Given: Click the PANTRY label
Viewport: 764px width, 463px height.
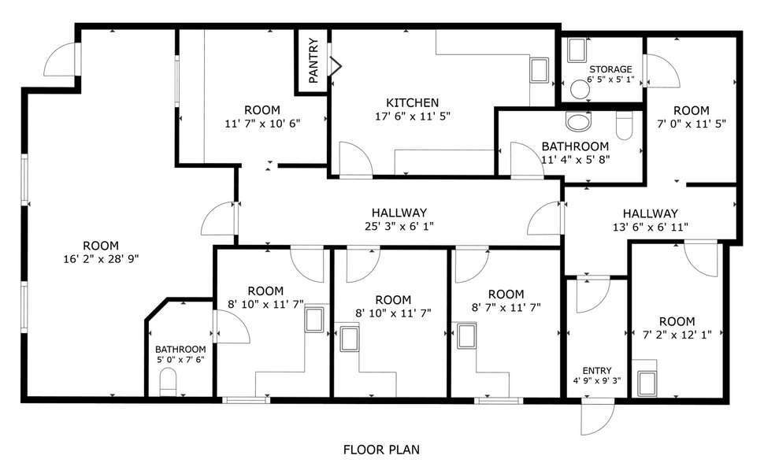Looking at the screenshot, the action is click(x=313, y=61).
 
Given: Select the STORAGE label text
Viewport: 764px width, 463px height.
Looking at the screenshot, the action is click(x=610, y=69).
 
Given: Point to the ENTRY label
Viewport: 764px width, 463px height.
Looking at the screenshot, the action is click(x=597, y=370).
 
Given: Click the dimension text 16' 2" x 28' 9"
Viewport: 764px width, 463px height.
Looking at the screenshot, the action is click(x=101, y=259).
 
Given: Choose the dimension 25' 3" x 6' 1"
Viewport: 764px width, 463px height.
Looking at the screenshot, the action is click(x=399, y=226).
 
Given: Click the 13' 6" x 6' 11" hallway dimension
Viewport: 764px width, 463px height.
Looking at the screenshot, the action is click(x=650, y=227).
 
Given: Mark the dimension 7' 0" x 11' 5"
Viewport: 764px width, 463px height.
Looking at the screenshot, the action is click(x=692, y=124).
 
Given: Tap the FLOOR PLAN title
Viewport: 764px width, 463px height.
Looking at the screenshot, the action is click(x=381, y=450).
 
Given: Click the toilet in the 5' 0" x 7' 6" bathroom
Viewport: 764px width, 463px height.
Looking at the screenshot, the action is click(x=168, y=382).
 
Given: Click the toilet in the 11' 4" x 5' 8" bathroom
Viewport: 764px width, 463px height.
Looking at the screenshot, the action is click(x=624, y=125).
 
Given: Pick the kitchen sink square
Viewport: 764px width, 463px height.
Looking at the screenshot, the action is click(x=540, y=70).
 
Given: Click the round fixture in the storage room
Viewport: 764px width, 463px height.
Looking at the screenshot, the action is click(x=580, y=90).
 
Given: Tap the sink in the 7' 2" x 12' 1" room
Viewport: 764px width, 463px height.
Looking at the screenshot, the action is click(x=647, y=383).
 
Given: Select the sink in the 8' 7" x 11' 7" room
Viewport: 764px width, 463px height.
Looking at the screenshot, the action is click(x=467, y=335).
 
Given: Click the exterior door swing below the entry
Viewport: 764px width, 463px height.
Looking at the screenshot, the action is click(x=598, y=418).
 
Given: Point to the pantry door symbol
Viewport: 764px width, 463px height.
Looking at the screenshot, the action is click(x=336, y=66).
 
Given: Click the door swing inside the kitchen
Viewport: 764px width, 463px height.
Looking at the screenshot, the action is click(x=356, y=159).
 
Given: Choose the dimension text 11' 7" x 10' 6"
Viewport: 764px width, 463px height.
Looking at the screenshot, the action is click(x=262, y=124).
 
